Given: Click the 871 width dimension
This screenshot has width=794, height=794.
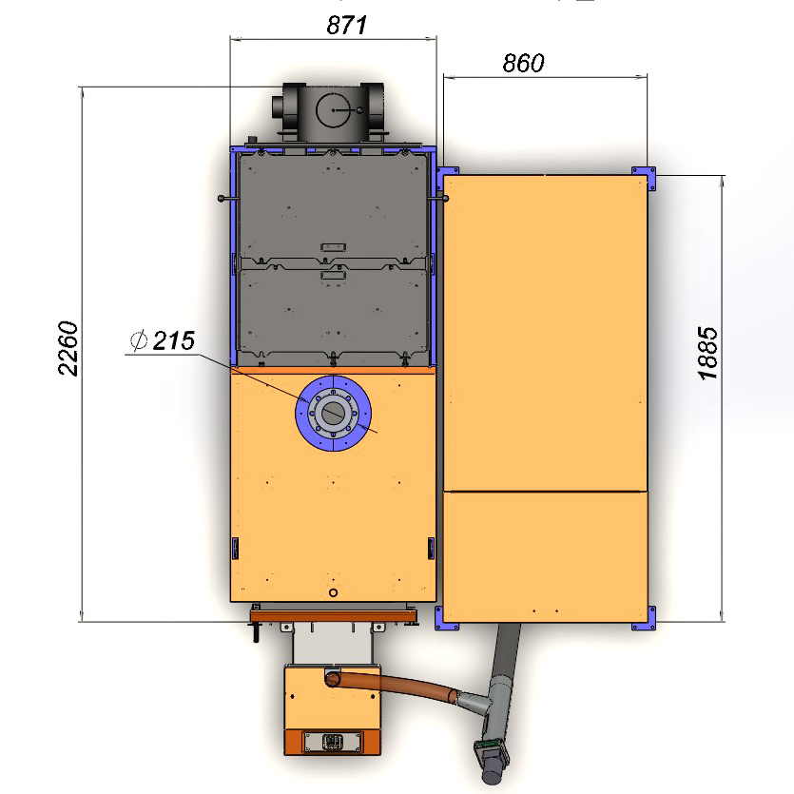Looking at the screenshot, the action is (x=346, y=25).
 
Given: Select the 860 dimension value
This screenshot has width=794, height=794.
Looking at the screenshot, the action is (x=523, y=64).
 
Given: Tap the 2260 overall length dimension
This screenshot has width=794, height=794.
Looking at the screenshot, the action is (x=68, y=348).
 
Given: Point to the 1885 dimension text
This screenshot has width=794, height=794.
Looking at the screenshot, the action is (x=707, y=353).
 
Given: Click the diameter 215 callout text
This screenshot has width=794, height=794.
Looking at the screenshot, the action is (x=163, y=340).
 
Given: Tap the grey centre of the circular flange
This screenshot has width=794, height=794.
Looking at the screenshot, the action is (x=333, y=413).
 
